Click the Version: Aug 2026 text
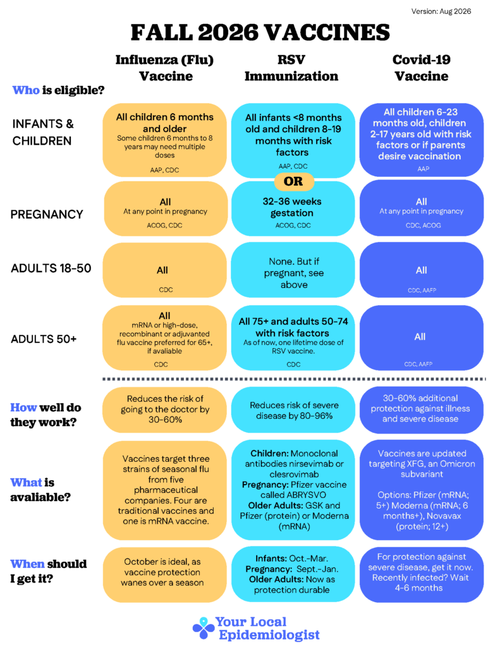coord(441,11)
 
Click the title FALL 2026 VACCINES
coord(260,33)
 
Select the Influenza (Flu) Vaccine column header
coord(165,68)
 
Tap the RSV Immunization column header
coord(291,68)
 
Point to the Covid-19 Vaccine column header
coord(421,68)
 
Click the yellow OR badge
coord(293,181)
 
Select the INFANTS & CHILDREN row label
coord(43,132)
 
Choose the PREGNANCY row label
coord(47,215)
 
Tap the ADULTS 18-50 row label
coord(51,268)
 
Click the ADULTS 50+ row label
coord(44,339)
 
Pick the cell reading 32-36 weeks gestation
coord(293,209)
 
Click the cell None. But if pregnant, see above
coord(293,270)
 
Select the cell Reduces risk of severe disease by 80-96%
coord(293,410)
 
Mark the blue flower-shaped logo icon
coord(204,629)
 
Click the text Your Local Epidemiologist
coord(267,629)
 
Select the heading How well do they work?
coord(46,414)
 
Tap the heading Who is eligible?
coord(58,90)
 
